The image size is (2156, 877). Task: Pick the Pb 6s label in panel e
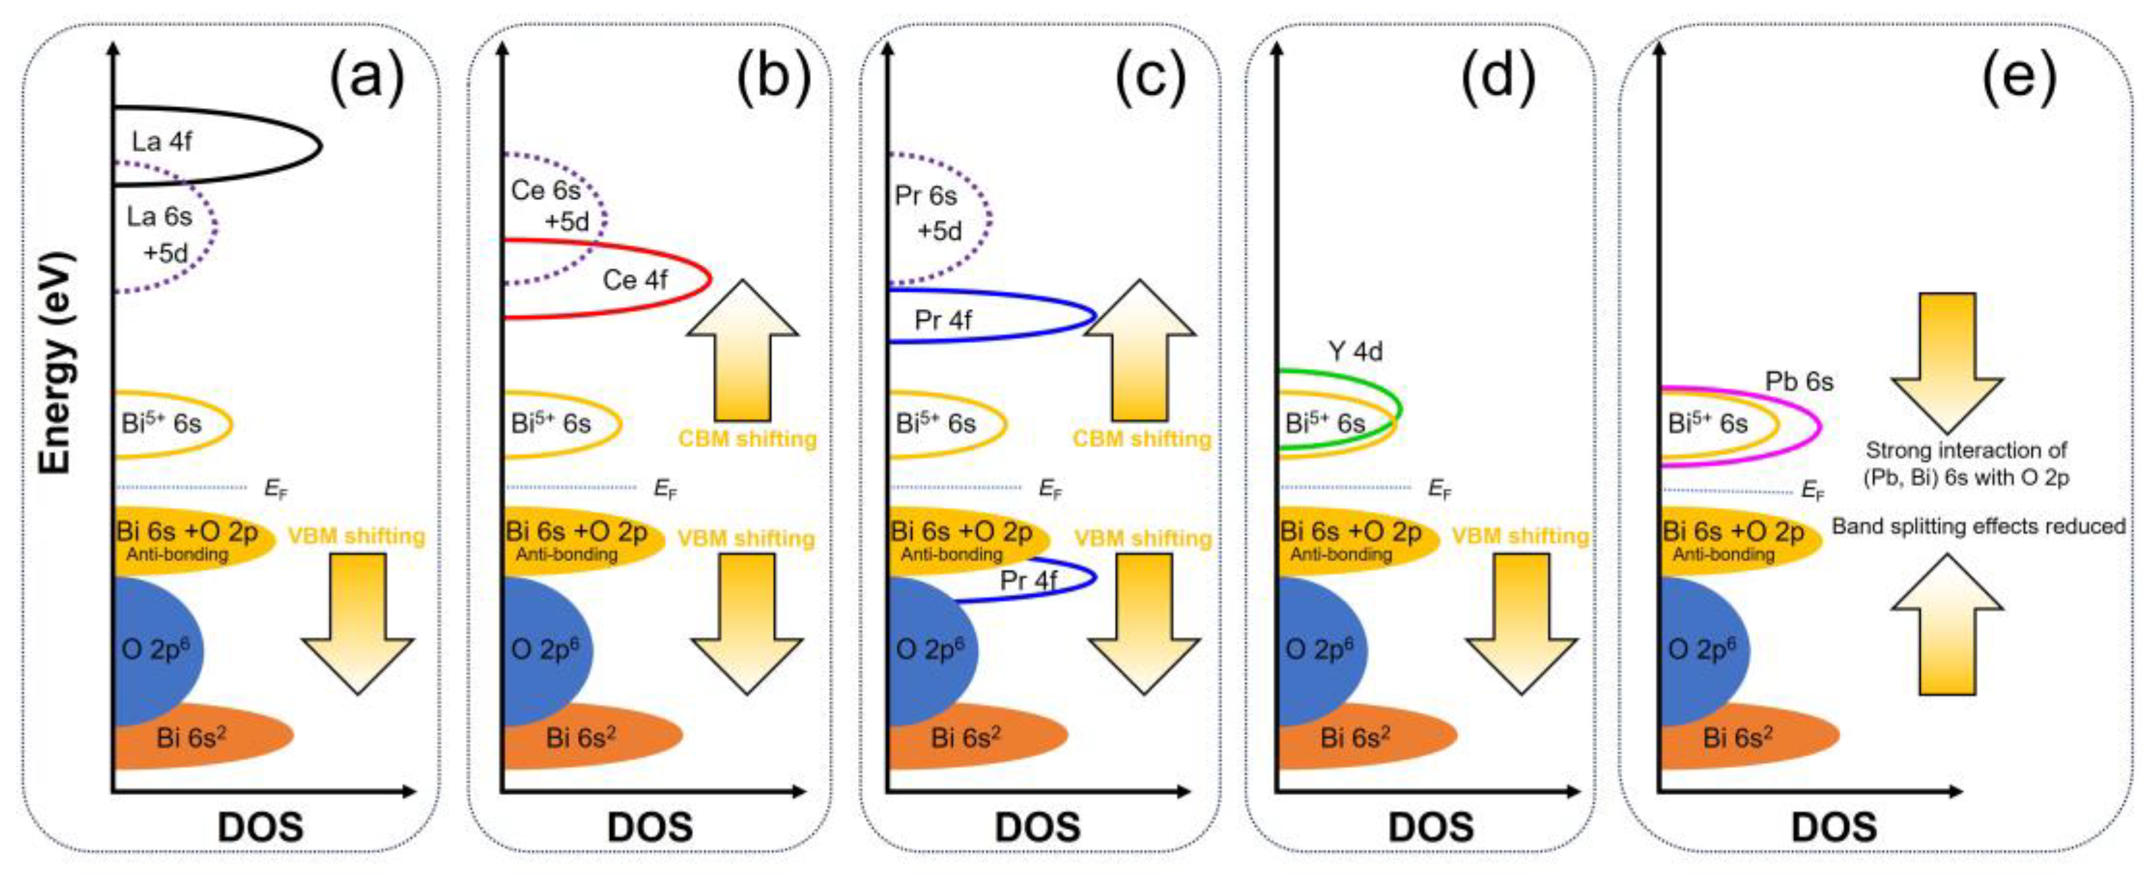1799,382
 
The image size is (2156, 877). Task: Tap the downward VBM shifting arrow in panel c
1144,623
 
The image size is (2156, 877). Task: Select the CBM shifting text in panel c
1142,439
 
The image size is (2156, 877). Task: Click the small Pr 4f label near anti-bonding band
1028,580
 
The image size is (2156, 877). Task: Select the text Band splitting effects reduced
1978,526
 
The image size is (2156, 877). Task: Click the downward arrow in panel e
1947,360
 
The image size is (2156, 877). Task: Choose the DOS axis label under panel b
649,827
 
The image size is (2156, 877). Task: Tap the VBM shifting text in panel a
356,535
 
